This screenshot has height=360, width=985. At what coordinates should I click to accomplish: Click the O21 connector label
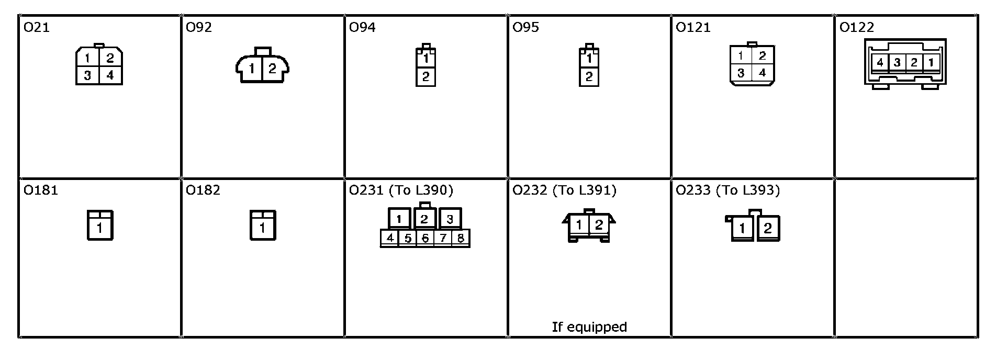point(37,27)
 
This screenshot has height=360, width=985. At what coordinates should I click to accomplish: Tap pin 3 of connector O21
point(87,75)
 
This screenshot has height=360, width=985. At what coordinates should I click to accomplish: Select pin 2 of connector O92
point(272,69)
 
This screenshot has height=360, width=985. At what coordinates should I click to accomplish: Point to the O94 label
point(362,27)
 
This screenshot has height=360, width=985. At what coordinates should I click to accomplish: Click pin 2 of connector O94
point(426,77)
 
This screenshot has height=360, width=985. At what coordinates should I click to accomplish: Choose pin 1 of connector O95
point(589,58)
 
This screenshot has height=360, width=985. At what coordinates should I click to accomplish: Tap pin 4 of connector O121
point(762,73)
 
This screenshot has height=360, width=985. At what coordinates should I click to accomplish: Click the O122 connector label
point(857,27)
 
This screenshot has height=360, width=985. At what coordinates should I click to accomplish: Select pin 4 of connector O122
point(880,63)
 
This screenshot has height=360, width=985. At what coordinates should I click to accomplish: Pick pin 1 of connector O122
point(931,63)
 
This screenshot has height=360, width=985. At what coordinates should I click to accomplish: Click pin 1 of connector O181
point(99,228)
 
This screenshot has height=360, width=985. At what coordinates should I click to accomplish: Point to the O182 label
point(203,190)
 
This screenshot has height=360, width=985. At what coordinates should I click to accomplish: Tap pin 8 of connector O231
point(461,239)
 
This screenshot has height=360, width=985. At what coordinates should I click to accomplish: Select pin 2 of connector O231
point(424,219)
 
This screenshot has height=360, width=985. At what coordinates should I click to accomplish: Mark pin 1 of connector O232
point(579,226)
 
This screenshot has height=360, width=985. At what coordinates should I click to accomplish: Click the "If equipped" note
point(589,327)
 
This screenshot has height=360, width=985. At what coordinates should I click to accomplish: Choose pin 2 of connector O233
point(767,229)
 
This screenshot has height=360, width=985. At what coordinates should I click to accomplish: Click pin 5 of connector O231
point(407,239)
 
